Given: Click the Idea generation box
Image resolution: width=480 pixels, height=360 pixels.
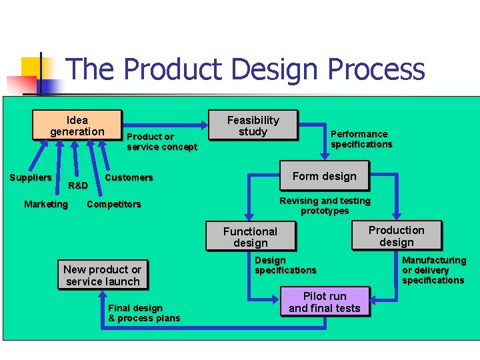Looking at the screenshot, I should (x=77, y=125).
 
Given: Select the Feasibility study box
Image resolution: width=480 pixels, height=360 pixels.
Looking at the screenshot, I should (x=253, y=125).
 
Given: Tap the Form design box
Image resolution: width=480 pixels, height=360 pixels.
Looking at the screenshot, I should (x=324, y=176).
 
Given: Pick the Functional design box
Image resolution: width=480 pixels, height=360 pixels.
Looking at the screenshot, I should (x=250, y=237).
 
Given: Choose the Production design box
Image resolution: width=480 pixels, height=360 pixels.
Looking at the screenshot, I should (x=397, y=236).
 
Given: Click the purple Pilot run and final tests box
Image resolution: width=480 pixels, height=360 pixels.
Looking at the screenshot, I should (x=324, y=302).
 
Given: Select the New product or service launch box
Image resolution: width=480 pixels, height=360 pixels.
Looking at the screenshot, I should (x=102, y=275).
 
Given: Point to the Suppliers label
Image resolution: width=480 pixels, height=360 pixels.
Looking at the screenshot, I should (x=30, y=177).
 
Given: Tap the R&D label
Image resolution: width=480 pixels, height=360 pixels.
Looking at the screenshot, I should (x=78, y=185).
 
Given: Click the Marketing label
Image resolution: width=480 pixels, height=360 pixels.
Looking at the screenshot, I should (x=46, y=204).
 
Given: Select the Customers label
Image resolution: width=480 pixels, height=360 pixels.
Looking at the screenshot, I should (x=129, y=177).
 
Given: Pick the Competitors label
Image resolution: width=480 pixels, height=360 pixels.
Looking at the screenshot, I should (x=114, y=204).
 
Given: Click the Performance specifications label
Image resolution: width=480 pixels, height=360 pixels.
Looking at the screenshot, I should (x=361, y=139).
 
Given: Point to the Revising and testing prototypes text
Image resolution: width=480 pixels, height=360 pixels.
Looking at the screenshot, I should (x=325, y=205).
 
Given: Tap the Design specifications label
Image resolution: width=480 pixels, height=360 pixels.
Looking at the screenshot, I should (x=285, y=265).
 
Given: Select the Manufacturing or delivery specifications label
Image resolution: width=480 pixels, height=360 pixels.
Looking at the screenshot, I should (x=433, y=270).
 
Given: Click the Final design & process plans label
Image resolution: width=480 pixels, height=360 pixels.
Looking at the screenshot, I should (x=144, y=313).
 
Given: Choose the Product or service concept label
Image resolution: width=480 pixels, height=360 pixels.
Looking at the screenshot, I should (x=162, y=141).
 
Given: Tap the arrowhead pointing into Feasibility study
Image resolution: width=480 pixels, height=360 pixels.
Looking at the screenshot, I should (x=205, y=124).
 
